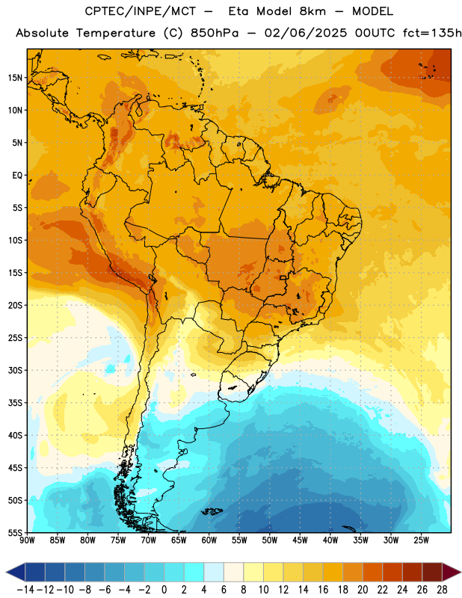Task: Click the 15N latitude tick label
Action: coord(15,78)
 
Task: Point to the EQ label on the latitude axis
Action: coord(17,176)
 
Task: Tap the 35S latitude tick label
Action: coord(15,403)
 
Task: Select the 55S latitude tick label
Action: coord(15,532)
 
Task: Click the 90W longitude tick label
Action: coord(27,540)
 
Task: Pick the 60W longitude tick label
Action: coord(209,540)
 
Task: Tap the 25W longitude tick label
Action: coord(421,540)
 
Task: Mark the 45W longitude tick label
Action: coord(300,540)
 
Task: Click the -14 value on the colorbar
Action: coord(25,590)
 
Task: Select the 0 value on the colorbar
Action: coord(164,590)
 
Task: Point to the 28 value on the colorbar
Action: coord(442,590)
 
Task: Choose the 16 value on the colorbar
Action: coord(323,590)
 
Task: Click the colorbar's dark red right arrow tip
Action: coord(461,572)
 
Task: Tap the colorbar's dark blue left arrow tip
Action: coord(7,572)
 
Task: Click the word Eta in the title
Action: coord(238,11)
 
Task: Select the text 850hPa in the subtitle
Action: coord(215,33)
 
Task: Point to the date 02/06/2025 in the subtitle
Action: coord(306,33)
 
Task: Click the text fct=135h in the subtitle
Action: coord(432,33)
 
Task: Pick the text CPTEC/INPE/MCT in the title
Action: coord(140,11)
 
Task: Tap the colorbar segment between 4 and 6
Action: coord(214,572)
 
